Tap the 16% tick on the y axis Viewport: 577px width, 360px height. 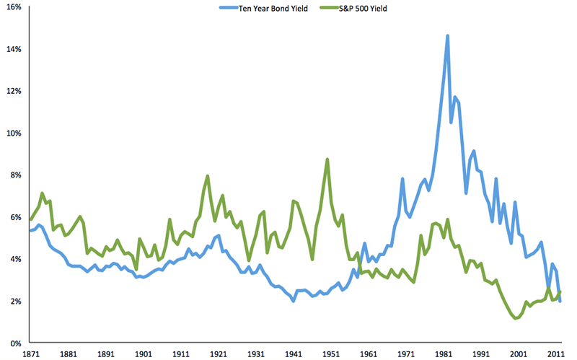click(x=14, y=7)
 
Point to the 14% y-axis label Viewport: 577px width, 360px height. click(x=14, y=49)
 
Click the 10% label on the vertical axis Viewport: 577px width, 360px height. click(x=14, y=133)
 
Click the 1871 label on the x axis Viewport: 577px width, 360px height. click(x=30, y=354)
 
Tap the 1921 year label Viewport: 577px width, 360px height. click(x=218, y=354)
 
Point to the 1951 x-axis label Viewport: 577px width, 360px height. click(x=331, y=354)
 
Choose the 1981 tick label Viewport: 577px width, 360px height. click(x=444, y=354)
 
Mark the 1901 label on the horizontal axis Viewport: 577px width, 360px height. click(x=143, y=354)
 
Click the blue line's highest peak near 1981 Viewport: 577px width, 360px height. click(x=448, y=35)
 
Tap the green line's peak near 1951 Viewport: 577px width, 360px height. click(x=327, y=159)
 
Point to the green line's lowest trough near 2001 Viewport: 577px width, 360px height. click(x=516, y=318)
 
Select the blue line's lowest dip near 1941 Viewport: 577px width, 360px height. click(x=293, y=300)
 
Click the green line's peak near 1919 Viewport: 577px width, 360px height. click(x=208, y=175)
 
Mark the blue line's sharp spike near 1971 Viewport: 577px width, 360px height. click(x=402, y=179)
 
